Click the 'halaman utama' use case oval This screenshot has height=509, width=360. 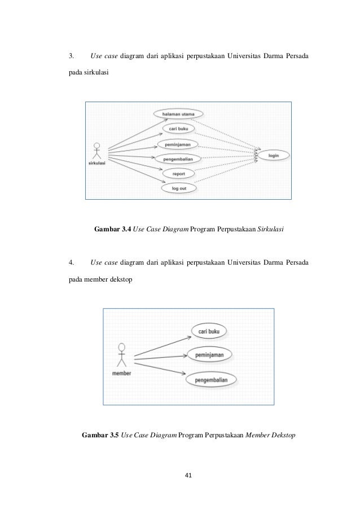tap(178, 114)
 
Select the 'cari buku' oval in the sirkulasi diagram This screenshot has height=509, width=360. tap(178, 129)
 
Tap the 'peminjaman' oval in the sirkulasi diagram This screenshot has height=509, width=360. tap(177, 144)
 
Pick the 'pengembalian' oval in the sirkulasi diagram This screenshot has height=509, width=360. tap(178, 159)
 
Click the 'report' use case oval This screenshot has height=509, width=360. tap(178, 174)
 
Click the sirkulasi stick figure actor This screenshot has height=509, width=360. tap(97, 151)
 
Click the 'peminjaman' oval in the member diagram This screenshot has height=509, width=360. tap(209, 355)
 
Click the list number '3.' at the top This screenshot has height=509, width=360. tap(71, 56)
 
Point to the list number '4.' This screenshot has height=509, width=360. tap(71, 262)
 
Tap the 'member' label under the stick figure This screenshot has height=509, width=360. tap(122, 374)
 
